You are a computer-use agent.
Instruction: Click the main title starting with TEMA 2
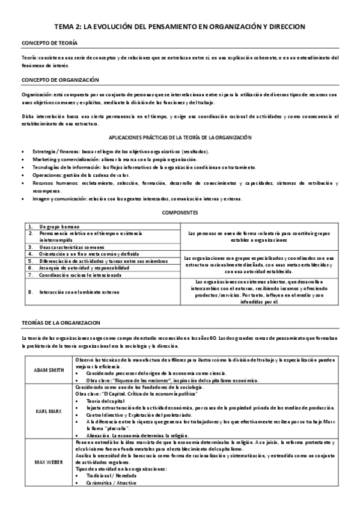coord(180,27)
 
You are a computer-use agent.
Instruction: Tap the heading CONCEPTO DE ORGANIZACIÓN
coord(60,79)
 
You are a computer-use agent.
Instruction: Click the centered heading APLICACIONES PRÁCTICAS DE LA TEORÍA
coord(180,138)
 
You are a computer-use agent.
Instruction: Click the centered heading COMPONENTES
coord(180,213)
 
